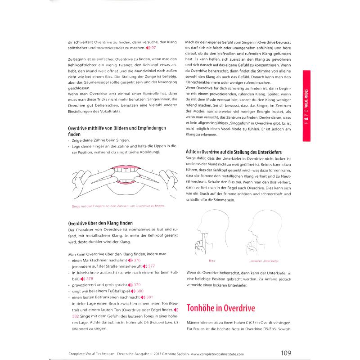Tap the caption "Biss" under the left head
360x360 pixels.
click(213, 261)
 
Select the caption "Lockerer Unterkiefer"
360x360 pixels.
click(264, 261)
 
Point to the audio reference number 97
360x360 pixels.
click(153, 48)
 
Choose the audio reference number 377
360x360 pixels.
click(151, 266)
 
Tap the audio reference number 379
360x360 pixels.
click(137, 285)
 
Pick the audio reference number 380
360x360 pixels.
click(139, 291)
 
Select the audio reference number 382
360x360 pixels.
click(75, 316)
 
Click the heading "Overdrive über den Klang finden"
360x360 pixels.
click(101, 223)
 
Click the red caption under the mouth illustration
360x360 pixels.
click(118, 206)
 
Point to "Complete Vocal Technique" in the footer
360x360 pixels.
click(87, 354)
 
